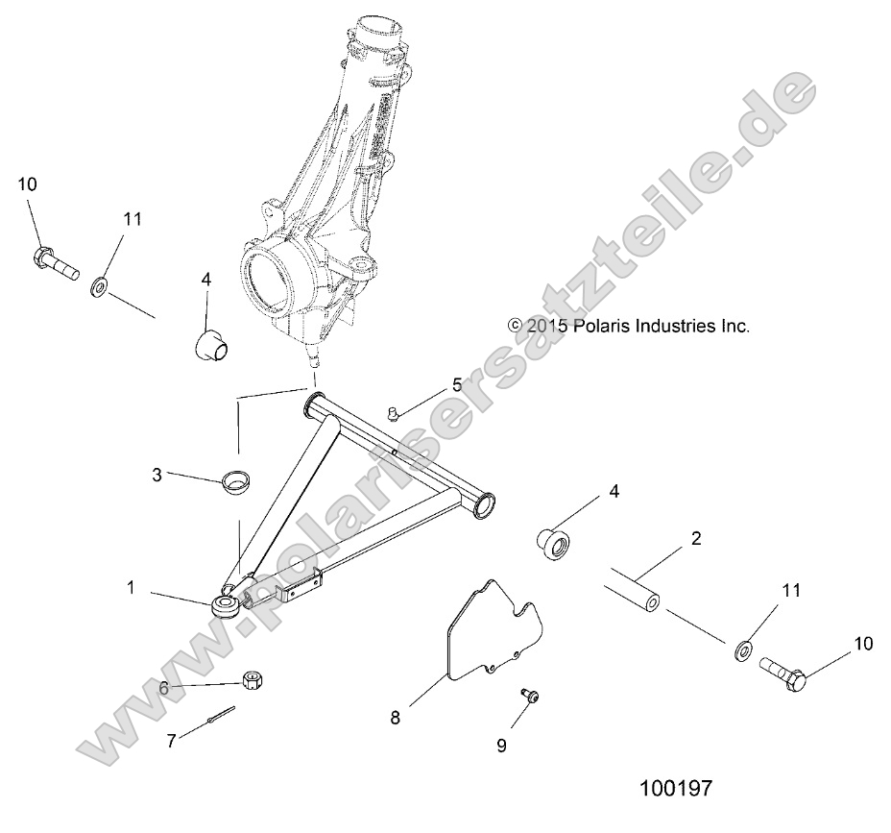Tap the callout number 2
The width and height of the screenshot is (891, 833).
[696, 538]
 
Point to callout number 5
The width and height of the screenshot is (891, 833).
[458, 385]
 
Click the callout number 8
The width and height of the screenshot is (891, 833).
[395, 717]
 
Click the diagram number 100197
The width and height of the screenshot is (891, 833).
[676, 790]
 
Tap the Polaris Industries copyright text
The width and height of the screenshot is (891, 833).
[629, 326]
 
